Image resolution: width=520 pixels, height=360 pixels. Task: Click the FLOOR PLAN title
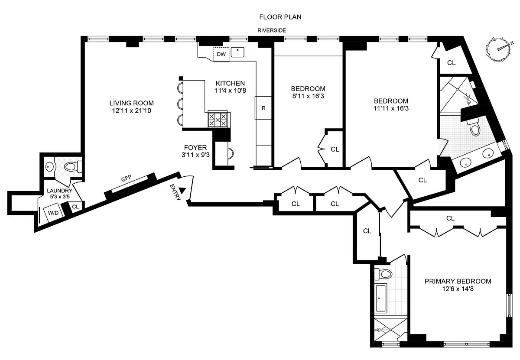click(280, 17)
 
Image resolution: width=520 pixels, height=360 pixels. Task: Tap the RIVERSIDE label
click(272, 30)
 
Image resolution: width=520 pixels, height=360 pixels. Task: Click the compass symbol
click(498, 49)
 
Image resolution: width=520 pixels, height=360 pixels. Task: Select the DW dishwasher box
click(221, 54)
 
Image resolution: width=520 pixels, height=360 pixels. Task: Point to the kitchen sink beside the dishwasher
click(237, 52)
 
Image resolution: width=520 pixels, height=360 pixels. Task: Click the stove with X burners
click(218, 120)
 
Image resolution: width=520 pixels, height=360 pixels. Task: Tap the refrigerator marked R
click(263, 108)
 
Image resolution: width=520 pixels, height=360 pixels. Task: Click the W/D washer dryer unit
click(54, 212)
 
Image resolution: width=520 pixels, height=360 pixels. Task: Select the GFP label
click(126, 178)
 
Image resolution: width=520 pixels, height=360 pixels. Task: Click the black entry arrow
click(182, 191)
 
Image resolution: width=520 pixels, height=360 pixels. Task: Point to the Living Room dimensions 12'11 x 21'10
click(131, 111)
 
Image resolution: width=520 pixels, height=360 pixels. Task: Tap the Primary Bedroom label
click(458, 281)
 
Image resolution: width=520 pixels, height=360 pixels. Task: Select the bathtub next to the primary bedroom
click(381, 298)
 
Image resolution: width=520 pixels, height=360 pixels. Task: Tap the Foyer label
click(195, 148)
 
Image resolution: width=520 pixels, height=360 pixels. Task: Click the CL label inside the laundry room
click(75, 207)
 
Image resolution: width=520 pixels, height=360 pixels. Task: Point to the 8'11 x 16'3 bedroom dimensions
click(308, 96)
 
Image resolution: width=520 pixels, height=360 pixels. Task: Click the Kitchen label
click(230, 83)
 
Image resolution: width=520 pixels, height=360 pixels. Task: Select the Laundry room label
click(60, 191)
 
